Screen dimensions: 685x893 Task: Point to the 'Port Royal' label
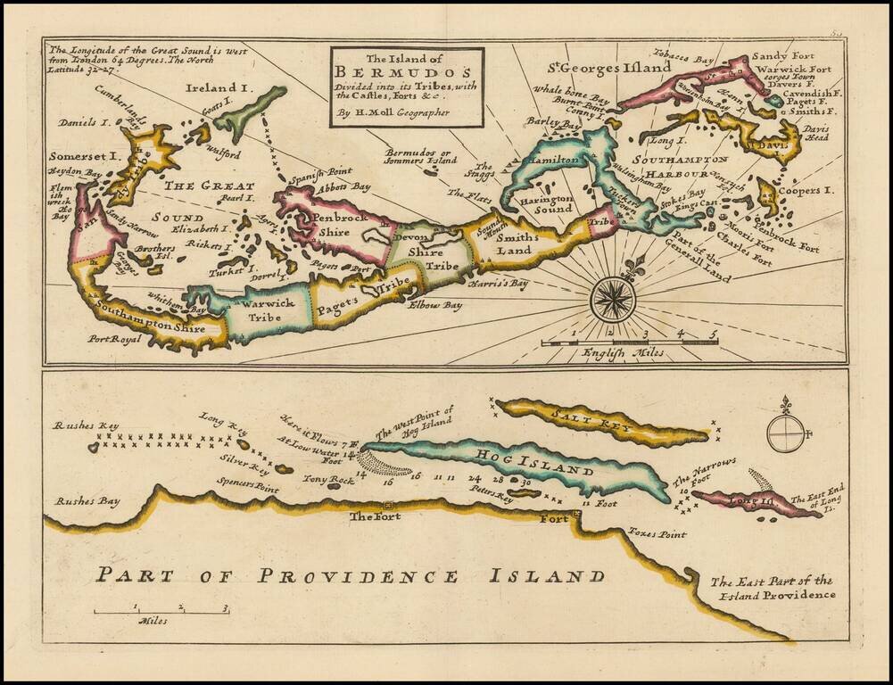pos(115,339)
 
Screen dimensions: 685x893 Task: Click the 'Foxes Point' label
pos(657,534)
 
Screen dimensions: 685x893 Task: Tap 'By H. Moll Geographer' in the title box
pos(393,113)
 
